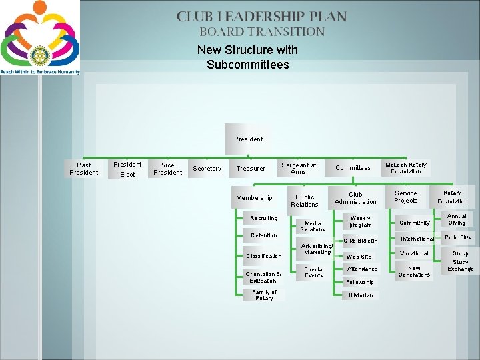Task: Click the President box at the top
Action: (x=248, y=139)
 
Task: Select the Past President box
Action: (x=84, y=169)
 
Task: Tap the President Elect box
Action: (x=127, y=169)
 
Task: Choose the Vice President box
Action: (x=167, y=169)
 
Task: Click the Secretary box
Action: (x=207, y=169)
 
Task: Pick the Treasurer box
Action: (x=251, y=169)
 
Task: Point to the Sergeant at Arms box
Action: (x=299, y=168)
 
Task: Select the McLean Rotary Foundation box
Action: (x=405, y=168)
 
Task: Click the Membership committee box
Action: (x=254, y=197)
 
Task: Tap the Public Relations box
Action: (x=305, y=201)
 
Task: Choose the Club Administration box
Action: (x=355, y=198)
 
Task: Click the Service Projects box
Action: (x=405, y=197)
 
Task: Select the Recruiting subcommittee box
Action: (x=263, y=218)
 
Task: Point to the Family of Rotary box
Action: (x=264, y=295)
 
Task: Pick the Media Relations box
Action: (x=313, y=226)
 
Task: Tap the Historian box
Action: (x=361, y=295)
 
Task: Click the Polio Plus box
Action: (x=457, y=237)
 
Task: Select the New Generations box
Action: (x=414, y=271)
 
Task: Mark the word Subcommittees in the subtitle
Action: (x=247, y=65)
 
